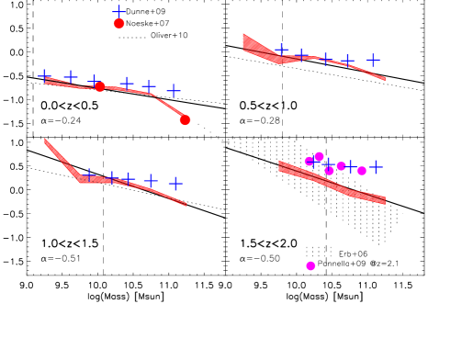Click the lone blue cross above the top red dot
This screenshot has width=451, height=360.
[118, 12]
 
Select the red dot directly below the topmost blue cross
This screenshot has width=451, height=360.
[118, 24]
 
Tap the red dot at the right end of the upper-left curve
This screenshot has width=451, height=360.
[185, 119]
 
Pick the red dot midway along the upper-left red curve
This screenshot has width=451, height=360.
[100, 86]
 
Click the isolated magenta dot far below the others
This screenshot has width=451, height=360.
[310, 265]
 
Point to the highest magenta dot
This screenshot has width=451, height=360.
[319, 157]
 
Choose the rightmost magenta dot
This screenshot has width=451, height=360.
[362, 171]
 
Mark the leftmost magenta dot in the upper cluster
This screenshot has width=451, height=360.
[309, 162]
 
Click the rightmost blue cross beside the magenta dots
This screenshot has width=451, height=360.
[376, 166]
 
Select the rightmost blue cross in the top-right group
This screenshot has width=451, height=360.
[373, 59]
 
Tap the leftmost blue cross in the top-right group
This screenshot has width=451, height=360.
[282, 50]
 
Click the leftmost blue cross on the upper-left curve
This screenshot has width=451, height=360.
[45, 75]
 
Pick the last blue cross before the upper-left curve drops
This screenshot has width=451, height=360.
[174, 90]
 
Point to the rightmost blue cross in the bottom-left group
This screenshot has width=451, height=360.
[175, 183]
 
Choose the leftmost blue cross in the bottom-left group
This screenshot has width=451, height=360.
[89, 174]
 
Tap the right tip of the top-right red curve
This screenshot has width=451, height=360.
[384, 79]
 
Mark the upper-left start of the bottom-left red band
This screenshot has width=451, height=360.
[46, 141]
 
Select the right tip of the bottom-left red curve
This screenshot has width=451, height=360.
[186, 204]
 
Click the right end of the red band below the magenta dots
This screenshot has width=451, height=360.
[383, 200]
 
